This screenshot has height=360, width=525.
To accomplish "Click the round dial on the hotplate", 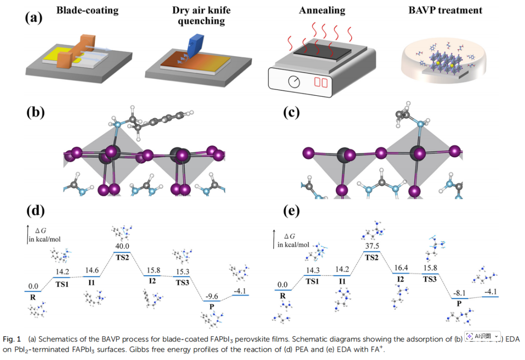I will click(x=294, y=82).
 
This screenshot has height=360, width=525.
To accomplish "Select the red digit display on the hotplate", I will click(x=321, y=81).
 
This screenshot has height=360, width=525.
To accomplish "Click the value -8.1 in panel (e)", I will click(x=459, y=294).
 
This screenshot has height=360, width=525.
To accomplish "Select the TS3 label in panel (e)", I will click(x=429, y=279).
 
